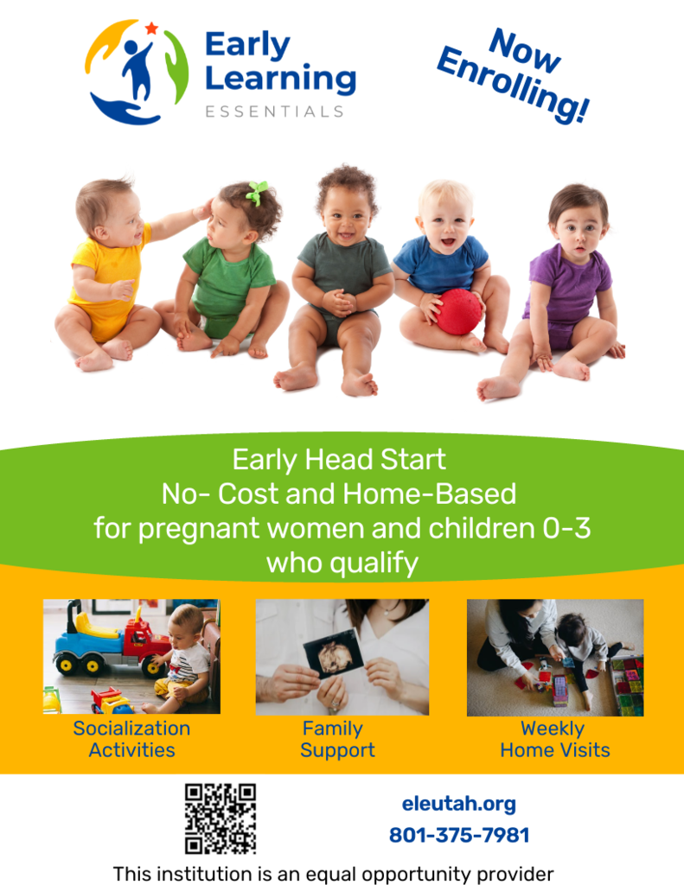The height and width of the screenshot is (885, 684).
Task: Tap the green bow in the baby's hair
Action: pos(257,193)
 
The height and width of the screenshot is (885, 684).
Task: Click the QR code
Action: pos(221,818)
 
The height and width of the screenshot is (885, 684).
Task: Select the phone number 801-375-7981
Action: pos(459,836)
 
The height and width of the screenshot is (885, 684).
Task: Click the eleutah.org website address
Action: pos(458,804)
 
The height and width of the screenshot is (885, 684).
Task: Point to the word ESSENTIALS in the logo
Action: pos(274,111)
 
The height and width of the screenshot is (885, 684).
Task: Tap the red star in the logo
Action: pos(152,29)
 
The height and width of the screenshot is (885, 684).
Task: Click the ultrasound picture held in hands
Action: pos(335,654)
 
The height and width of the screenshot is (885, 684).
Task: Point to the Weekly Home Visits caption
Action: pos(554,739)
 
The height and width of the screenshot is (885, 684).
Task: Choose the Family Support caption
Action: pos(337,739)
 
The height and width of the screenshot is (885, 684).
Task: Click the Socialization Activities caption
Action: pos(131,739)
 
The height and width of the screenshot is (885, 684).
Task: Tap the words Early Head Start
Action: pos(339,460)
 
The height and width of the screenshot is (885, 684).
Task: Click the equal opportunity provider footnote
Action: pos(333,873)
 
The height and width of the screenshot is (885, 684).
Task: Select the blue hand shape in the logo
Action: pos(125,110)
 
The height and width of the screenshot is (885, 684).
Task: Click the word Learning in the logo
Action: pos(280,79)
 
